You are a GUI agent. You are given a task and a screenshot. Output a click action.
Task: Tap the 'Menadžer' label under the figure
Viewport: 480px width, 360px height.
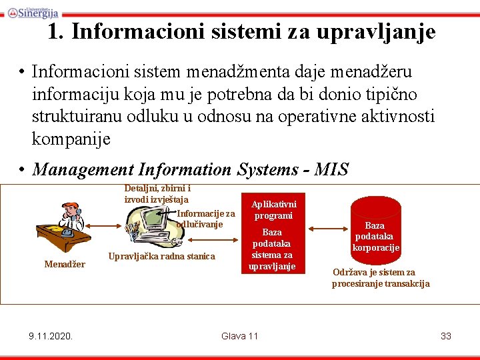(x=65, y=264)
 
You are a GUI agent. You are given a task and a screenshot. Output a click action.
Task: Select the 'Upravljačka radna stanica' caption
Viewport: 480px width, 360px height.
(x=161, y=256)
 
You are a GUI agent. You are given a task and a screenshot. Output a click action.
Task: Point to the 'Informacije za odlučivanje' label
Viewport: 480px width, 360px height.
(x=205, y=219)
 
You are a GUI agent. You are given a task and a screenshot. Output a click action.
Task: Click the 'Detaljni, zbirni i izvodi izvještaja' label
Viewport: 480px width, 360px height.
(x=157, y=194)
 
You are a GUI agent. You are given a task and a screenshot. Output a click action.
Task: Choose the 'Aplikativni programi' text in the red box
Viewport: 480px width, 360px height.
(x=274, y=210)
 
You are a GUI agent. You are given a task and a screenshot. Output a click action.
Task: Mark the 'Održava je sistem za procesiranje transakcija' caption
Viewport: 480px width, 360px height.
(x=381, y=278)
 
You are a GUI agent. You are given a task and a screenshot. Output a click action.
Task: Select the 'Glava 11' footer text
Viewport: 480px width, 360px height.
(x=239, y=335)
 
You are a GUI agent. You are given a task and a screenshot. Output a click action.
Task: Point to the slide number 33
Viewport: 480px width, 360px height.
(x=446, y=335)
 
